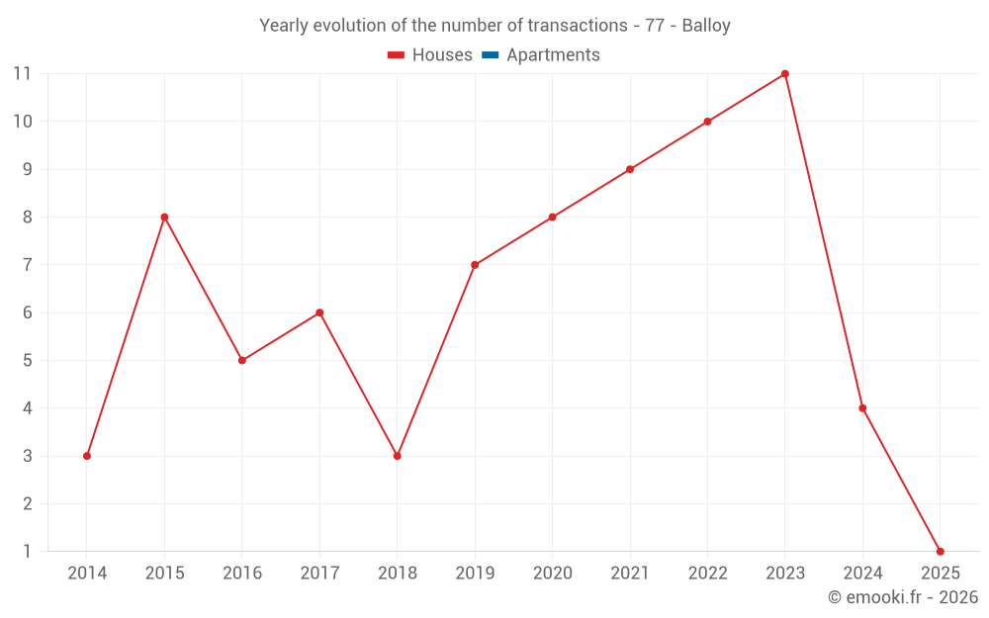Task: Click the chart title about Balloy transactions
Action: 494,26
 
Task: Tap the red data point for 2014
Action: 87,456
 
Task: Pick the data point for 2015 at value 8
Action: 164,218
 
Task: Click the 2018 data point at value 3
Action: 397,456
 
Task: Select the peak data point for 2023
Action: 785,74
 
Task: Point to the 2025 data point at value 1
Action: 940,552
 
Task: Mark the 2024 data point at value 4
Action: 862,408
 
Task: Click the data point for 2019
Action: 475,265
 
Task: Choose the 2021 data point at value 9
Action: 630,169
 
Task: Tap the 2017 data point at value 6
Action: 319,312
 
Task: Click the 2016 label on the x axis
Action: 242,574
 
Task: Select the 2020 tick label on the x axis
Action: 552,574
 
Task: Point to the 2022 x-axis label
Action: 707,574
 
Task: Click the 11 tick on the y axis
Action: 22,74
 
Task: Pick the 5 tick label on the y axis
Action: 27,361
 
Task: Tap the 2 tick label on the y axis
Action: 27,504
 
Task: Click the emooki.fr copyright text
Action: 902,597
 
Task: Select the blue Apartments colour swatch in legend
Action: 490,55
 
